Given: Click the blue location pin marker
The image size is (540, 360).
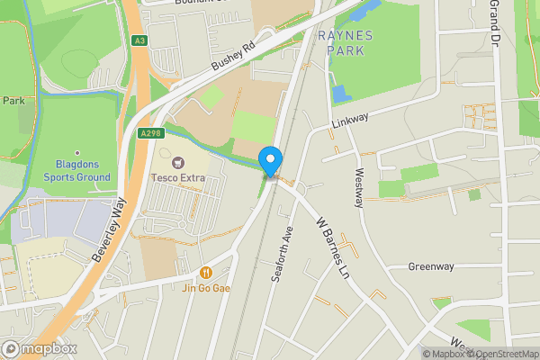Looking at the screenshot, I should pos(269,160).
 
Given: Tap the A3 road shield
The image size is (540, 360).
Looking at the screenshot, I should pos(139,40).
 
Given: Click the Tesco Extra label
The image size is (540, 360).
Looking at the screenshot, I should pos(177,177).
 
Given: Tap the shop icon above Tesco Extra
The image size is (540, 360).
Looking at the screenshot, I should pos(177,163).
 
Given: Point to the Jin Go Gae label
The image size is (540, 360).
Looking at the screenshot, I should pos(206,288).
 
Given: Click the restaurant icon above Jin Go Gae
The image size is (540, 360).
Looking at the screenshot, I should pos(206,273).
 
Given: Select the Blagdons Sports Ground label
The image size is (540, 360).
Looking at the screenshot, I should pos(77,172).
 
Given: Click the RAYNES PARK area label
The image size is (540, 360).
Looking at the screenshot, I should pos(342,43).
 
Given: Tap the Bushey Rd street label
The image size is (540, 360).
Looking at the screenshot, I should pos(234,55).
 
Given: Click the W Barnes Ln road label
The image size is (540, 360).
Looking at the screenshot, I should pos(330,250).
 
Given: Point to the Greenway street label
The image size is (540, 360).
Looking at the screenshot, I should pos(431,267).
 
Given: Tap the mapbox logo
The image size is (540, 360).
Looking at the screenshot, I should pos(40,349).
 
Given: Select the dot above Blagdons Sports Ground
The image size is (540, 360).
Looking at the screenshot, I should pos(77,153).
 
